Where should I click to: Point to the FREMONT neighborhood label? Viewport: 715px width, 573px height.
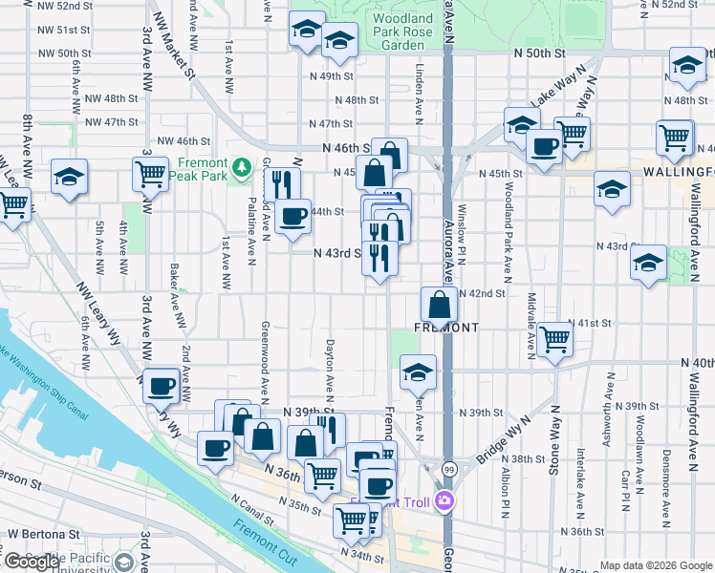[445, 328]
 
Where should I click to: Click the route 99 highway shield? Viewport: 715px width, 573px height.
[448, 469]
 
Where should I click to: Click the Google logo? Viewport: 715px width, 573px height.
[32, 562]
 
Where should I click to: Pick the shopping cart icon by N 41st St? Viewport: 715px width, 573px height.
[554, 338]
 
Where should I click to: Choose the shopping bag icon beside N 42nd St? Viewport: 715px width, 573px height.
[439, 306]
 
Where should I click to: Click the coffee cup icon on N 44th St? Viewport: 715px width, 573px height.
[292, 216]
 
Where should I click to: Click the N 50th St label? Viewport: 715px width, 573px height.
[534, 53]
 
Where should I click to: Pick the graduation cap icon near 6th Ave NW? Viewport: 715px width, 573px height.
[69, 178]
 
